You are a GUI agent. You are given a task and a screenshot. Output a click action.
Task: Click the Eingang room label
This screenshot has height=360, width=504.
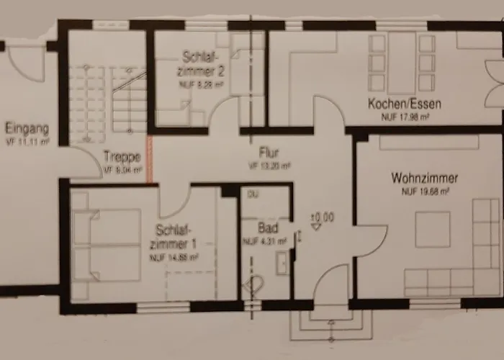27,130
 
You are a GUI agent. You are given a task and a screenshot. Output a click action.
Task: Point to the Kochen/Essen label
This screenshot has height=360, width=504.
404,104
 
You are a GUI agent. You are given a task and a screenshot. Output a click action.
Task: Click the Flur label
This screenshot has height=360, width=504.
269,153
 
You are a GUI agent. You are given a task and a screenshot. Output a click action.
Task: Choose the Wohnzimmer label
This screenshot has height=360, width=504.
426,177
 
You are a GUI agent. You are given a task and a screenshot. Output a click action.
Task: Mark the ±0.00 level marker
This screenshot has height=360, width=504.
321,216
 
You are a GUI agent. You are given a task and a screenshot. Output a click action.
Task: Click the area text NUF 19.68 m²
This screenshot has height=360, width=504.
426,192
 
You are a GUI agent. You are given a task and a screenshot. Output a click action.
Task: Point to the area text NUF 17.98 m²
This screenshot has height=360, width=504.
405,116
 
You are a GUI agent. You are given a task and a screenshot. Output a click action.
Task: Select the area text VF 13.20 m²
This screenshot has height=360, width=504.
269,165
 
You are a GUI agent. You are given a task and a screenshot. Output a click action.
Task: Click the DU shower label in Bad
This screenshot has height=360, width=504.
253,194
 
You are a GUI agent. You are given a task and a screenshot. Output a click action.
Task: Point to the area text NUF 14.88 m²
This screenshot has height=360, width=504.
174,256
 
